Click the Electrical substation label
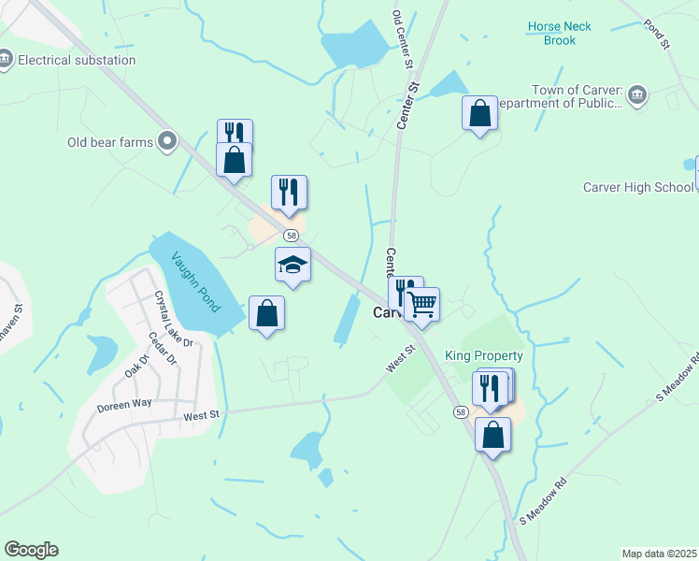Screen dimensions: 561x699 point(78,61)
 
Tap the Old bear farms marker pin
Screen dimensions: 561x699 point(168,142)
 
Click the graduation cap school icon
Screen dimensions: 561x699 point(292,266)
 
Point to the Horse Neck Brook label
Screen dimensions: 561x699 point(559,34)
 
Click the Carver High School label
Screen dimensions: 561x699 point(638,187)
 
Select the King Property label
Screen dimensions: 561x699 point(484,356)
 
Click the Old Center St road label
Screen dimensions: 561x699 point(403,41)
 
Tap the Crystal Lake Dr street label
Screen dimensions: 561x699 point(174,317)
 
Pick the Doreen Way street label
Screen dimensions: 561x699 point(123,404)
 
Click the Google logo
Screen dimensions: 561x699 point(31,550)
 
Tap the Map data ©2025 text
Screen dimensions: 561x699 point(659,553)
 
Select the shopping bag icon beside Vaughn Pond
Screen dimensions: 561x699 point(267,313)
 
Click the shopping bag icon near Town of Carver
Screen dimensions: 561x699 point(479,114)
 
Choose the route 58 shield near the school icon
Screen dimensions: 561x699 point(292,236)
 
